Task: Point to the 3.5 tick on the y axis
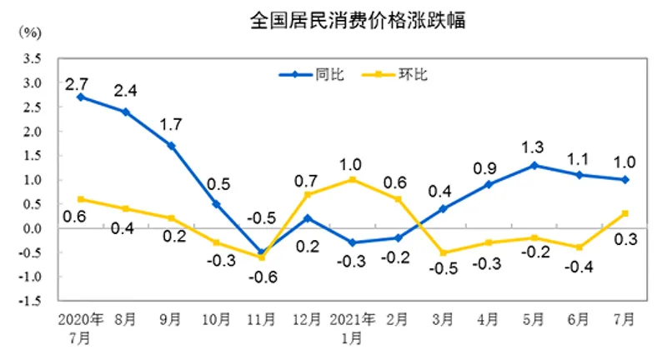click(x=33, y=58)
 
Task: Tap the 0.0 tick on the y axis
click(x=33, y=228)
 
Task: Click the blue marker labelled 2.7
click(x=80, y=97)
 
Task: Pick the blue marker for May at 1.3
click(x=534, y=165)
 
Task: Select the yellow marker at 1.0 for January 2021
click(x=352, y=179)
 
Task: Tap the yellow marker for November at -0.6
click(x=261, y=257)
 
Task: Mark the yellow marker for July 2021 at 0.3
click(x=624, y=213)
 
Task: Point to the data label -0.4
click(x=579, y=267)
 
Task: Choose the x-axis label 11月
click(x=261, y=321)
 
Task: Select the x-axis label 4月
click(x=488, y=321)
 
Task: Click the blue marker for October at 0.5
click(x=216, y=204)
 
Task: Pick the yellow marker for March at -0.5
click(x=443, y=252)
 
